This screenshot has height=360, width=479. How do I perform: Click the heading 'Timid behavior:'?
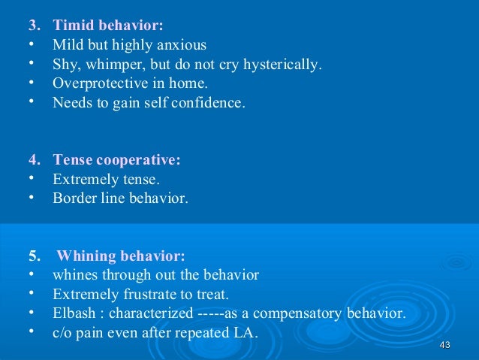108,26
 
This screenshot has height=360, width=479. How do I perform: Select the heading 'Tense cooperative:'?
116,160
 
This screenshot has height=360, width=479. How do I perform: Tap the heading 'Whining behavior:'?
121,256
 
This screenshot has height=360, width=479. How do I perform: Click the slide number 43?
444,344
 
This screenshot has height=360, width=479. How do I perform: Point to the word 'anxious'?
182,45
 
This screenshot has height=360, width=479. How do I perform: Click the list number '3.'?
35,26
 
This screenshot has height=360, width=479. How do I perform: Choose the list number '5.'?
35,256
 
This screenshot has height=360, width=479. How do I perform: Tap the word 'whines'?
74,275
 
